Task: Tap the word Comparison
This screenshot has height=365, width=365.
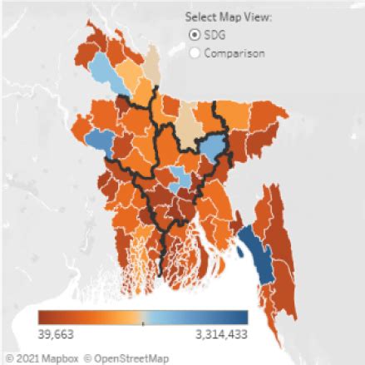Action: click(x=235, y=52)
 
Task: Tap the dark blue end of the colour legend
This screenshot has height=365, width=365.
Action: click(x=241, y=318)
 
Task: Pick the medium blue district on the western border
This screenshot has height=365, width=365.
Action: click(x=96, y=138)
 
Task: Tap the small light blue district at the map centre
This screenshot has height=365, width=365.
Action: click(x=178, y=176)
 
